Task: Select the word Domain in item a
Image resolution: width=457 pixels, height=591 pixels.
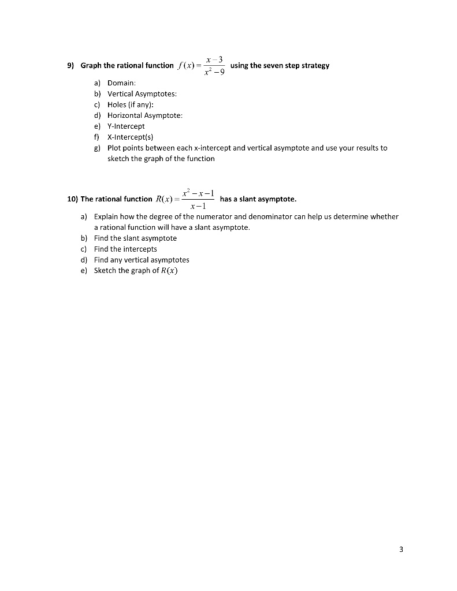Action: coord(121,84)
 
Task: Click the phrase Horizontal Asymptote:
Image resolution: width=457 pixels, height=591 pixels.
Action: coord(145,115)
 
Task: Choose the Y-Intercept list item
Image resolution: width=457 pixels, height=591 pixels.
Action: coord(126,126)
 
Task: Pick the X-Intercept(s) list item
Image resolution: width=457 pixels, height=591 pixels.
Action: coord(129,137)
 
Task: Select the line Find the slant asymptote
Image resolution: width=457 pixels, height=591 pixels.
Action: coord(135,238)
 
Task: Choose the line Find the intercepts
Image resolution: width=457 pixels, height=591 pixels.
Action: coord(125,249)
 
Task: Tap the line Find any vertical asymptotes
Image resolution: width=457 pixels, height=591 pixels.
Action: coord(142,260)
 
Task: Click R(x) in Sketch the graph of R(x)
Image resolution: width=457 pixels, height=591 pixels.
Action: coord(169,271)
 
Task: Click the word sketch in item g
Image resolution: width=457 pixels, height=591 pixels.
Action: coord(118,159)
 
